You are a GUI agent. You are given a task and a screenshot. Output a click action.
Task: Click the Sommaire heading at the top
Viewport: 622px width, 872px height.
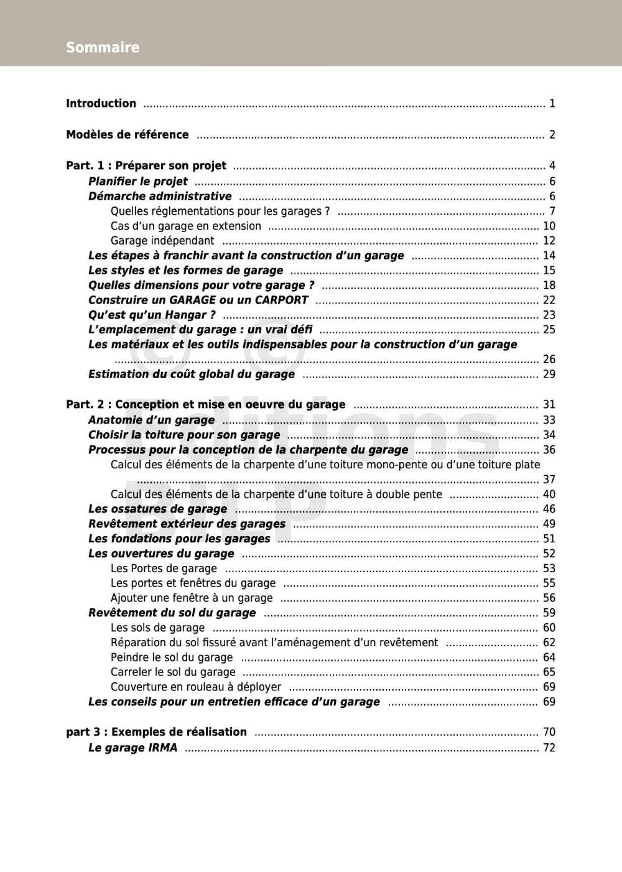tap(103, 47)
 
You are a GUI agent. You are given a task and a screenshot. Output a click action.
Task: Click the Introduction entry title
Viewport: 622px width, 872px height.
tap(101, 103)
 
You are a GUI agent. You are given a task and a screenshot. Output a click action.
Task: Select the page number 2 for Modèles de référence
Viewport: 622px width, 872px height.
tap(552, 134)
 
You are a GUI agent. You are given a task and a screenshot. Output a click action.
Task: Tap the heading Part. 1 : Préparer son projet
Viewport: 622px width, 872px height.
tap(146, 165)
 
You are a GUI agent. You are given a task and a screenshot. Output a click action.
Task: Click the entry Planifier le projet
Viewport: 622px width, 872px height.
tap(137, 182)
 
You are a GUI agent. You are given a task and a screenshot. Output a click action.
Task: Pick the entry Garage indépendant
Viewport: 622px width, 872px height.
tap(162, 241)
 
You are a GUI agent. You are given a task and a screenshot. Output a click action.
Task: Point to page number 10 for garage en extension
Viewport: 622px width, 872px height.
tap(549, 226)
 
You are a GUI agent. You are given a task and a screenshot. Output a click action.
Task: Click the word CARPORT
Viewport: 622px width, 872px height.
tap(281, 300)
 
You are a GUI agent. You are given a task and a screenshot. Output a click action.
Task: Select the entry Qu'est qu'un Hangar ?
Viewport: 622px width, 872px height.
tap(152, 315)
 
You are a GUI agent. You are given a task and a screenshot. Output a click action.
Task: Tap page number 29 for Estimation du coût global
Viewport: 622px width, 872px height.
tap(549, 374)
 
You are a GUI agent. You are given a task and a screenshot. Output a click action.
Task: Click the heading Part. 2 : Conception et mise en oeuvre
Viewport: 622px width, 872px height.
tap(205, 404)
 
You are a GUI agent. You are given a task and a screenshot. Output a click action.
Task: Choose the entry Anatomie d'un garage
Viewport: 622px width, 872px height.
tap(151, 420)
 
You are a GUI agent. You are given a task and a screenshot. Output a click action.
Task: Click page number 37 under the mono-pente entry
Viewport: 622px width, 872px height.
tap(549, 480)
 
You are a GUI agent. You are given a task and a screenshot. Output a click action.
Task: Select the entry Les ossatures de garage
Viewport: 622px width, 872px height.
tap(157, 509)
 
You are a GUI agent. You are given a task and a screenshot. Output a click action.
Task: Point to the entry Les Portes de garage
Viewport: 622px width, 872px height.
tap(164, 568)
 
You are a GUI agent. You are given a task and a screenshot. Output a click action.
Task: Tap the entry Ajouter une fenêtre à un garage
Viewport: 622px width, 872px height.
tap(192, 598)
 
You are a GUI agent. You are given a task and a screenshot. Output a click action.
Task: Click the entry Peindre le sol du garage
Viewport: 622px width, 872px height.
tap(172, 657)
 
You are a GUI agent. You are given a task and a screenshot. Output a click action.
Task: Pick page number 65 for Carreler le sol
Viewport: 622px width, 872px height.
tap(549, 672)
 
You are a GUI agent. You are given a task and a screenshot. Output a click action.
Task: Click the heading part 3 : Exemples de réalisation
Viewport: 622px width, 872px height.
tap(156, 732)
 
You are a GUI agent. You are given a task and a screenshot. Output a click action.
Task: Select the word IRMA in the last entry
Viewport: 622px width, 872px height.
tap(162, 748)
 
